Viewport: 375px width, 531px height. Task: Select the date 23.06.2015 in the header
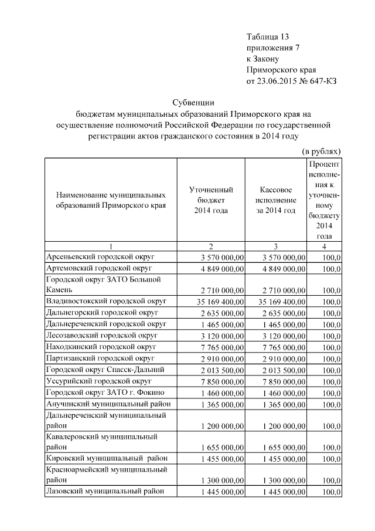point(277,81)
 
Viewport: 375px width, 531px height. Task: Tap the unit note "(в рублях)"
point(321,151)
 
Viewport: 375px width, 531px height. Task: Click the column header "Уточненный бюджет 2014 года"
point(212,200)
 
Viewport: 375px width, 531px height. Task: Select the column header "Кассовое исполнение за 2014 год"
point(275,200)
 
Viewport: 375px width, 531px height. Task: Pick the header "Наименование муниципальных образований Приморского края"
point(111,200)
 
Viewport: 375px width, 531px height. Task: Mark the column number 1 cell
point(111,246)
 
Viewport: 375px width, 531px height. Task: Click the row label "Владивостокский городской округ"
point(106,300)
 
